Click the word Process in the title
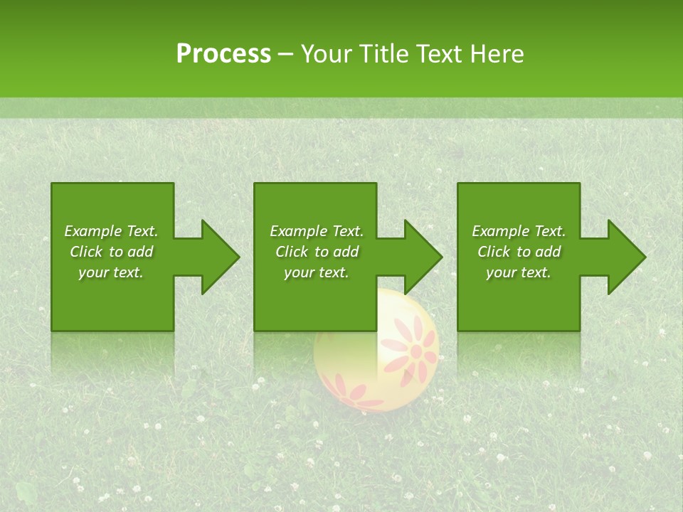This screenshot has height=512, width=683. [223, 53]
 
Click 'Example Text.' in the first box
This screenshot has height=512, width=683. [111, 231]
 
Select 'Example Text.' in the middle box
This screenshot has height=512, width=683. [317, 231]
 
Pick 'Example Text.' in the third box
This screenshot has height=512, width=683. [519, 231]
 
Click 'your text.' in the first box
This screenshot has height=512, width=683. [111, 272]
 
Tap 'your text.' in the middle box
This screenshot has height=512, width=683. [317, 272]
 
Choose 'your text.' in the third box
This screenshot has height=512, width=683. [519, 272]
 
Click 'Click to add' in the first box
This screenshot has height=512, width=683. [111, 252]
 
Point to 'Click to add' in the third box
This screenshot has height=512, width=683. [519, 252]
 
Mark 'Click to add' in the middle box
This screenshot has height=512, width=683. [317, 252]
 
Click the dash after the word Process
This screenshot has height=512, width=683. [285, 55]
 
